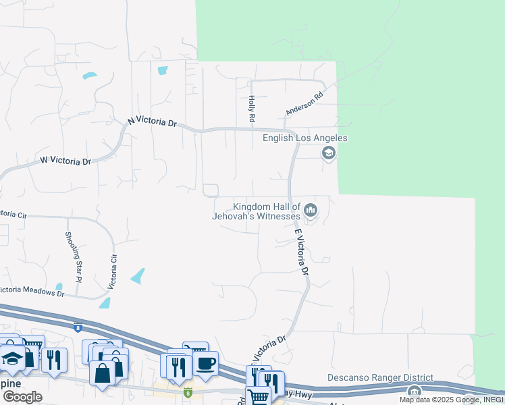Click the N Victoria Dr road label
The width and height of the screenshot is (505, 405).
[x=152, y=122]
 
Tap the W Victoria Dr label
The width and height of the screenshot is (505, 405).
[x=65, y=161]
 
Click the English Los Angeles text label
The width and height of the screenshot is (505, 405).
[x=304, y=138]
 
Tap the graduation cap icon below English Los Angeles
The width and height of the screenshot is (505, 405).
[x=328, y=153]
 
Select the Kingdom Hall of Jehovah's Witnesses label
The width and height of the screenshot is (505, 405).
[x=266, y=211]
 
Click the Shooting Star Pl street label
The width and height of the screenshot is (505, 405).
[x=73, y=256]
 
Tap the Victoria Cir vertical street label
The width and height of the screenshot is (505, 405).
[x=114, y=268]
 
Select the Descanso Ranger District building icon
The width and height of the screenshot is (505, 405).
[x=413, y=391]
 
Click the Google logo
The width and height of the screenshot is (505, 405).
[x=22, y=397]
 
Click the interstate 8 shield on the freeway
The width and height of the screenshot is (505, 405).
[x=77, y=327]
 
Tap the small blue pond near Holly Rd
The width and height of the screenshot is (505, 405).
[x=162, y=70]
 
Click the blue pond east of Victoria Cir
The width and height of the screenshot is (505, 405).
[x=138, y=275]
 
